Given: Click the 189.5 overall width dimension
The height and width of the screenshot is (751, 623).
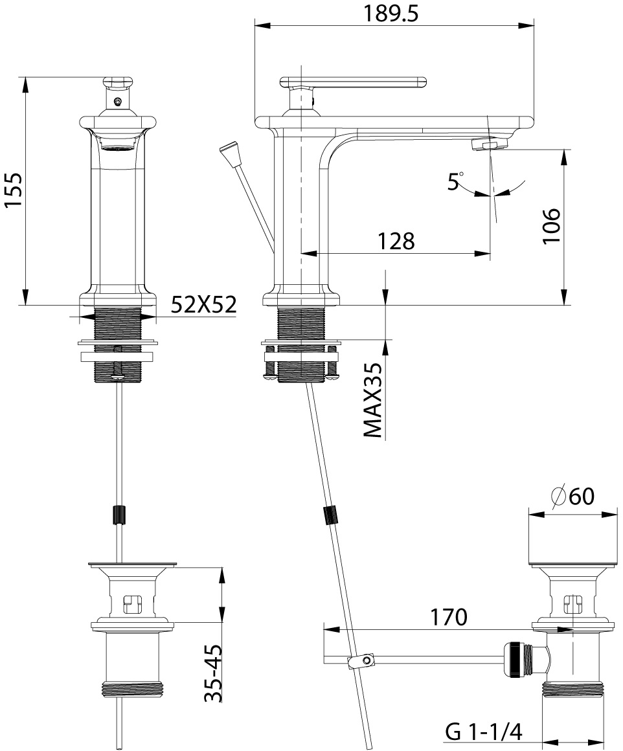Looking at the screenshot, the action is pos(391,14).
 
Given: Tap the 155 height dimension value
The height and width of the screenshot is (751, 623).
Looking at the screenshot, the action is pos(14,190).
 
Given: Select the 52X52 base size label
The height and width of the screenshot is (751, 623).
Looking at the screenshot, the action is pos(203,304).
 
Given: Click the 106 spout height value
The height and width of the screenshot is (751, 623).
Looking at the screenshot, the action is pos(551,225).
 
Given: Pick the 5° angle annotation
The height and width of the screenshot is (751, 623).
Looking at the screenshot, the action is pos(455,181).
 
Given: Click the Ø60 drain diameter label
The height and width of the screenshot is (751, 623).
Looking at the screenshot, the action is pos(572,496).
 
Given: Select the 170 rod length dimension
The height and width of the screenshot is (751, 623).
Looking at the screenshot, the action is pos(448,618).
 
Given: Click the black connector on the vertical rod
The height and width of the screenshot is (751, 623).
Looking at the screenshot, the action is pos(119,515).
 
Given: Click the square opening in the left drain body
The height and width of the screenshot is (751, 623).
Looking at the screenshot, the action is pos(132,603).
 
